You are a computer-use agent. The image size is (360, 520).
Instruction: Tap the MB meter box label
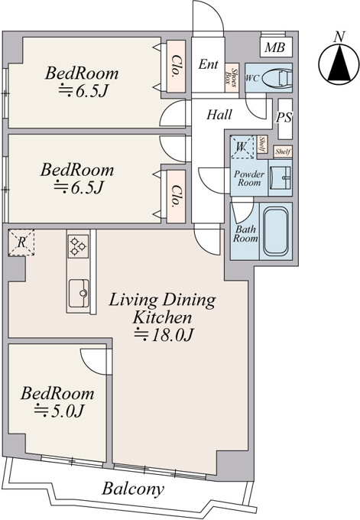click(275, 47)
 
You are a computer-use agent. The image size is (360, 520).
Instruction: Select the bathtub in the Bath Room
click(275, 231)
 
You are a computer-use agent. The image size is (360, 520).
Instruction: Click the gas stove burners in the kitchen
click(78, 246)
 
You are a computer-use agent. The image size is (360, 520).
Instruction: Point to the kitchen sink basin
click(79, 293)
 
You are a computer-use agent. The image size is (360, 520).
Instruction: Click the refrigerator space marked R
click(21, 242)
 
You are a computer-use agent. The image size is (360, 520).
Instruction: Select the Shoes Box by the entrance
click(232, 77)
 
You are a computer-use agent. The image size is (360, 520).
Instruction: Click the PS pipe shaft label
click(284, 118)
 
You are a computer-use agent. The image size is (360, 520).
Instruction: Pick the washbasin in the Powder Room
click(280, 177)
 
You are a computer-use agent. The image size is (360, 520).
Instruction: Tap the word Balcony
click(133, 489)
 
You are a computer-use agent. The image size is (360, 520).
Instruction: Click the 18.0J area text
click(164, 335)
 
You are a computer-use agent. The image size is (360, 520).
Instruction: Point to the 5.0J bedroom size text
click(59, 411)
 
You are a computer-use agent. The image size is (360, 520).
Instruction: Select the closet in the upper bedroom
click(175, 67)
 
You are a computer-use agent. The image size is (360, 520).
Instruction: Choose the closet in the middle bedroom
click(175, 197)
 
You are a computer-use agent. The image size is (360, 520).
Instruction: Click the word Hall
click(219, 115)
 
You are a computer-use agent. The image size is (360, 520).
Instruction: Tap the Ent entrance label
click(208, 64)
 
